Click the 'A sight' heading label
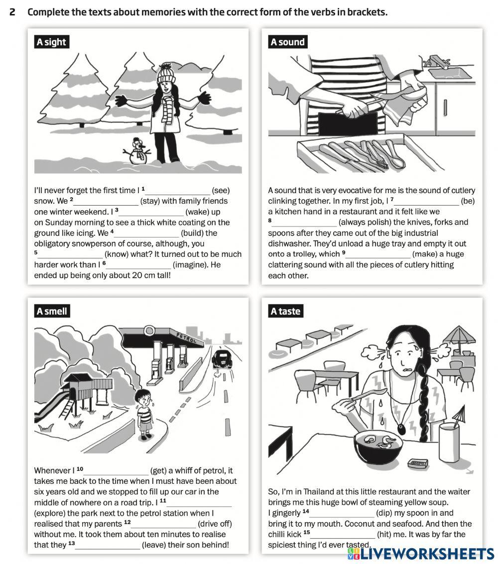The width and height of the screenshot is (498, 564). tap(51, 42)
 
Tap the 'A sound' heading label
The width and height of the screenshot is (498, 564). tap(287, 42)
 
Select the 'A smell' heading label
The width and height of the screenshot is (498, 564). tap(51, 311)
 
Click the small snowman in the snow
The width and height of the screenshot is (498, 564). tap(138, 151)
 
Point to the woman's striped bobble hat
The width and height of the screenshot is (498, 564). tap(166, 73)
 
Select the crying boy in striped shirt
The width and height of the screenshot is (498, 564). tap(144, 413)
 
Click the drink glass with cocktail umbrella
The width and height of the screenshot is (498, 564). tap(449, 441)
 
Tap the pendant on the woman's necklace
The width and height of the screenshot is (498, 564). tap(400, 428)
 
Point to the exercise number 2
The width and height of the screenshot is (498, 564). tap(12, 12)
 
